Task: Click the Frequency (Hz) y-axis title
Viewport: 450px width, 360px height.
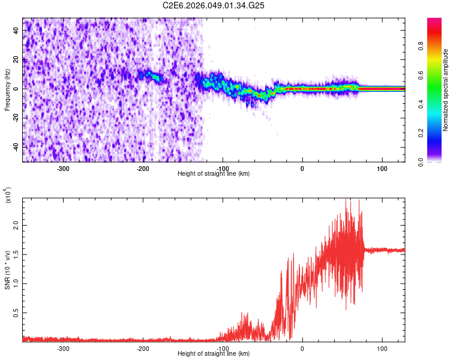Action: click(7, 90)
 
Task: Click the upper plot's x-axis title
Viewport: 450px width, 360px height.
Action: click(214, 173)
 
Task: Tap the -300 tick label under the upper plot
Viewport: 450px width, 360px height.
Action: click(63, 168)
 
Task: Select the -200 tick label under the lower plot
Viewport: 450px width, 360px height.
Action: click(143, 348)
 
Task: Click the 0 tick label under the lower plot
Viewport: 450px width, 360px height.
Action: click(302, 348)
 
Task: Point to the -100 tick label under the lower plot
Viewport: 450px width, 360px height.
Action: click(222, 348)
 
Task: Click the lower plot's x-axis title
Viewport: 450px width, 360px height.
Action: click(214, 354)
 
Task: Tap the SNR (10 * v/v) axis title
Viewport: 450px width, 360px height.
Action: click(7, 270)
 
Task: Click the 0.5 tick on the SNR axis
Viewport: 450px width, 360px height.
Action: click(16, 313)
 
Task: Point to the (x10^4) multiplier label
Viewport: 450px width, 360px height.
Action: click(7, 195)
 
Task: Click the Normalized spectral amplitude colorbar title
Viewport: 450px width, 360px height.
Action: click(446, 90)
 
